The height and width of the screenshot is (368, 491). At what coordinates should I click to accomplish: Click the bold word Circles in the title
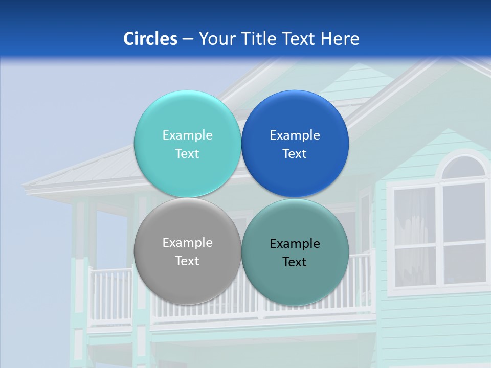[150, 39]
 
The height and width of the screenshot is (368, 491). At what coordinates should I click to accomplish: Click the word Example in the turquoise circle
[187, 135]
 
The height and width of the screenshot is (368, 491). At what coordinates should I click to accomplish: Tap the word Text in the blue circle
[295, 154]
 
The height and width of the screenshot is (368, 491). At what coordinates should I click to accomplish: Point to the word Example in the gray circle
[187, 243]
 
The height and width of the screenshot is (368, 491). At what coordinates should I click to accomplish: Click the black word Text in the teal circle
[295, 262]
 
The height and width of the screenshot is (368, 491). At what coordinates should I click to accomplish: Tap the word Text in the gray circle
[187, 261]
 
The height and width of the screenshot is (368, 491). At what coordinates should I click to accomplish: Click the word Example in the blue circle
[295, 135]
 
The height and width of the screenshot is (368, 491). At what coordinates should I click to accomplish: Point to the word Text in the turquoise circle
[187, 154]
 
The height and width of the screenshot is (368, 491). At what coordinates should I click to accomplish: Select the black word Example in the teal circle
[295, 244]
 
